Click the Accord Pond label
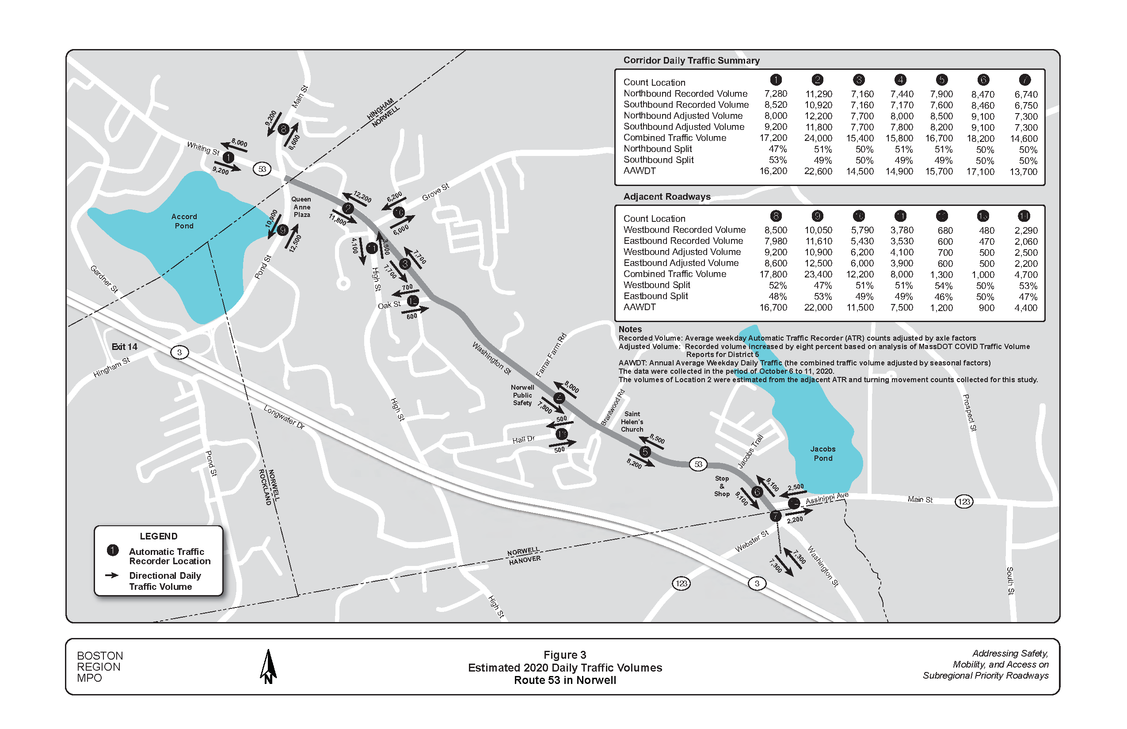click(x=184, y=221)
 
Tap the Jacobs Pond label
click(x=822, y=453)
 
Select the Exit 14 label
click(x=124, y=346)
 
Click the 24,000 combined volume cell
click(x=818, y=138)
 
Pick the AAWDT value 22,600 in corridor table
click(x=818, y=171)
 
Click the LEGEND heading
click(x=159, y=536)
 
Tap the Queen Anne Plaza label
click(x=301, y=207)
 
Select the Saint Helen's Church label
click(x=632, y=421)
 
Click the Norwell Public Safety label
click(x=522, y=395)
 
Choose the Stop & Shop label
click(x=722, y=486)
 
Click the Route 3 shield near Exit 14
click(x=179, y=352)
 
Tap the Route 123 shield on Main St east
click(x=964, y=501)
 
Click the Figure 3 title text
click(x=564, y=655)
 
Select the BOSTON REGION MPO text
click(x=100, y=667)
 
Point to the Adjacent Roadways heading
click(x=666, y=197)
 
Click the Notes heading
click(x=630, y=329)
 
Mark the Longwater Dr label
click(x=284, y=417)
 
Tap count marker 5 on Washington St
click(x=645, y=452)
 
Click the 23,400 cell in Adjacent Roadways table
click(x=818, y=274)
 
